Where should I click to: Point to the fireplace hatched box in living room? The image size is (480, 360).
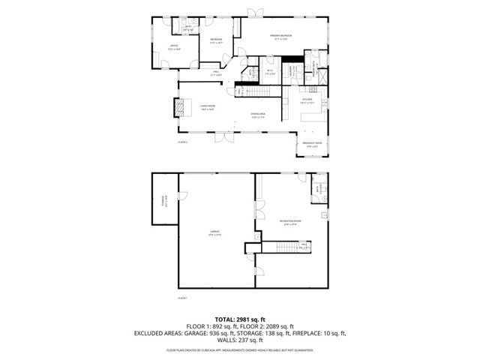click(179, 108)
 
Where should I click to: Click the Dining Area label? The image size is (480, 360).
click(258, 115)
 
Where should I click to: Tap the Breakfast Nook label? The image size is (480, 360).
click(312, 145)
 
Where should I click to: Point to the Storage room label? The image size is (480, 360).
click(163, 199)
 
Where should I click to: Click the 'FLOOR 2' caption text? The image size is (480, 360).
click(182, 141)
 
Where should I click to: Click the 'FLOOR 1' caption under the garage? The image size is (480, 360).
click(182, 298)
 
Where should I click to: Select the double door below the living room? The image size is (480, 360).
click(223, 139)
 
